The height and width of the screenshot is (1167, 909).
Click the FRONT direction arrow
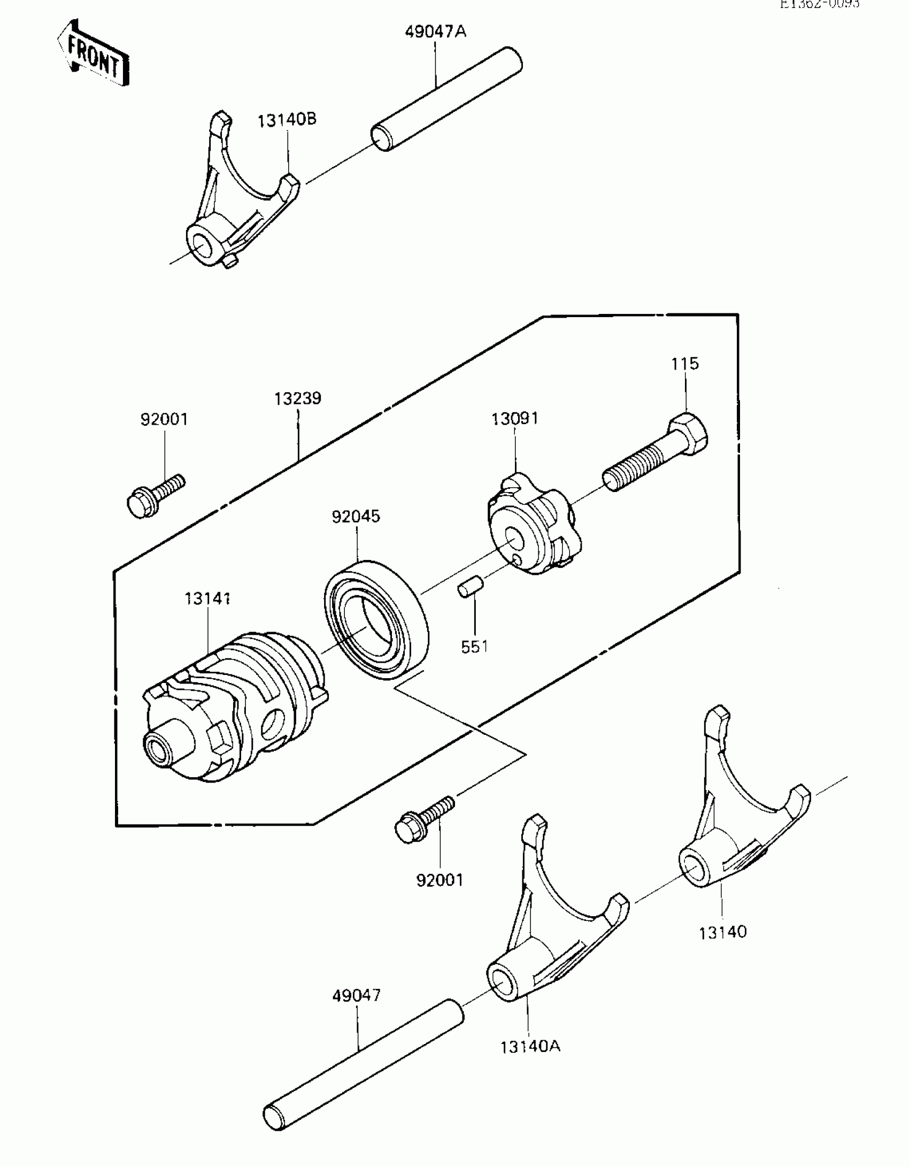pos(93,54)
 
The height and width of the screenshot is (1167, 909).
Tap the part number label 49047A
pos(435,32)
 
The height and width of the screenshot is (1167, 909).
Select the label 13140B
pos(287,119)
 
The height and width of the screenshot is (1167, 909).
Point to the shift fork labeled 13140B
pos(235,203)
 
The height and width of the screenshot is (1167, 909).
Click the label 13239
pos(298,398)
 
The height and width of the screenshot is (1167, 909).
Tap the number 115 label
pos(685,364)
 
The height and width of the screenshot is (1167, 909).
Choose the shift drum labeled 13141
pos(235,706)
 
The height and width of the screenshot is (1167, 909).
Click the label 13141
pos(207,598)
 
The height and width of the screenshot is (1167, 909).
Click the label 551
pos(474,647)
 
